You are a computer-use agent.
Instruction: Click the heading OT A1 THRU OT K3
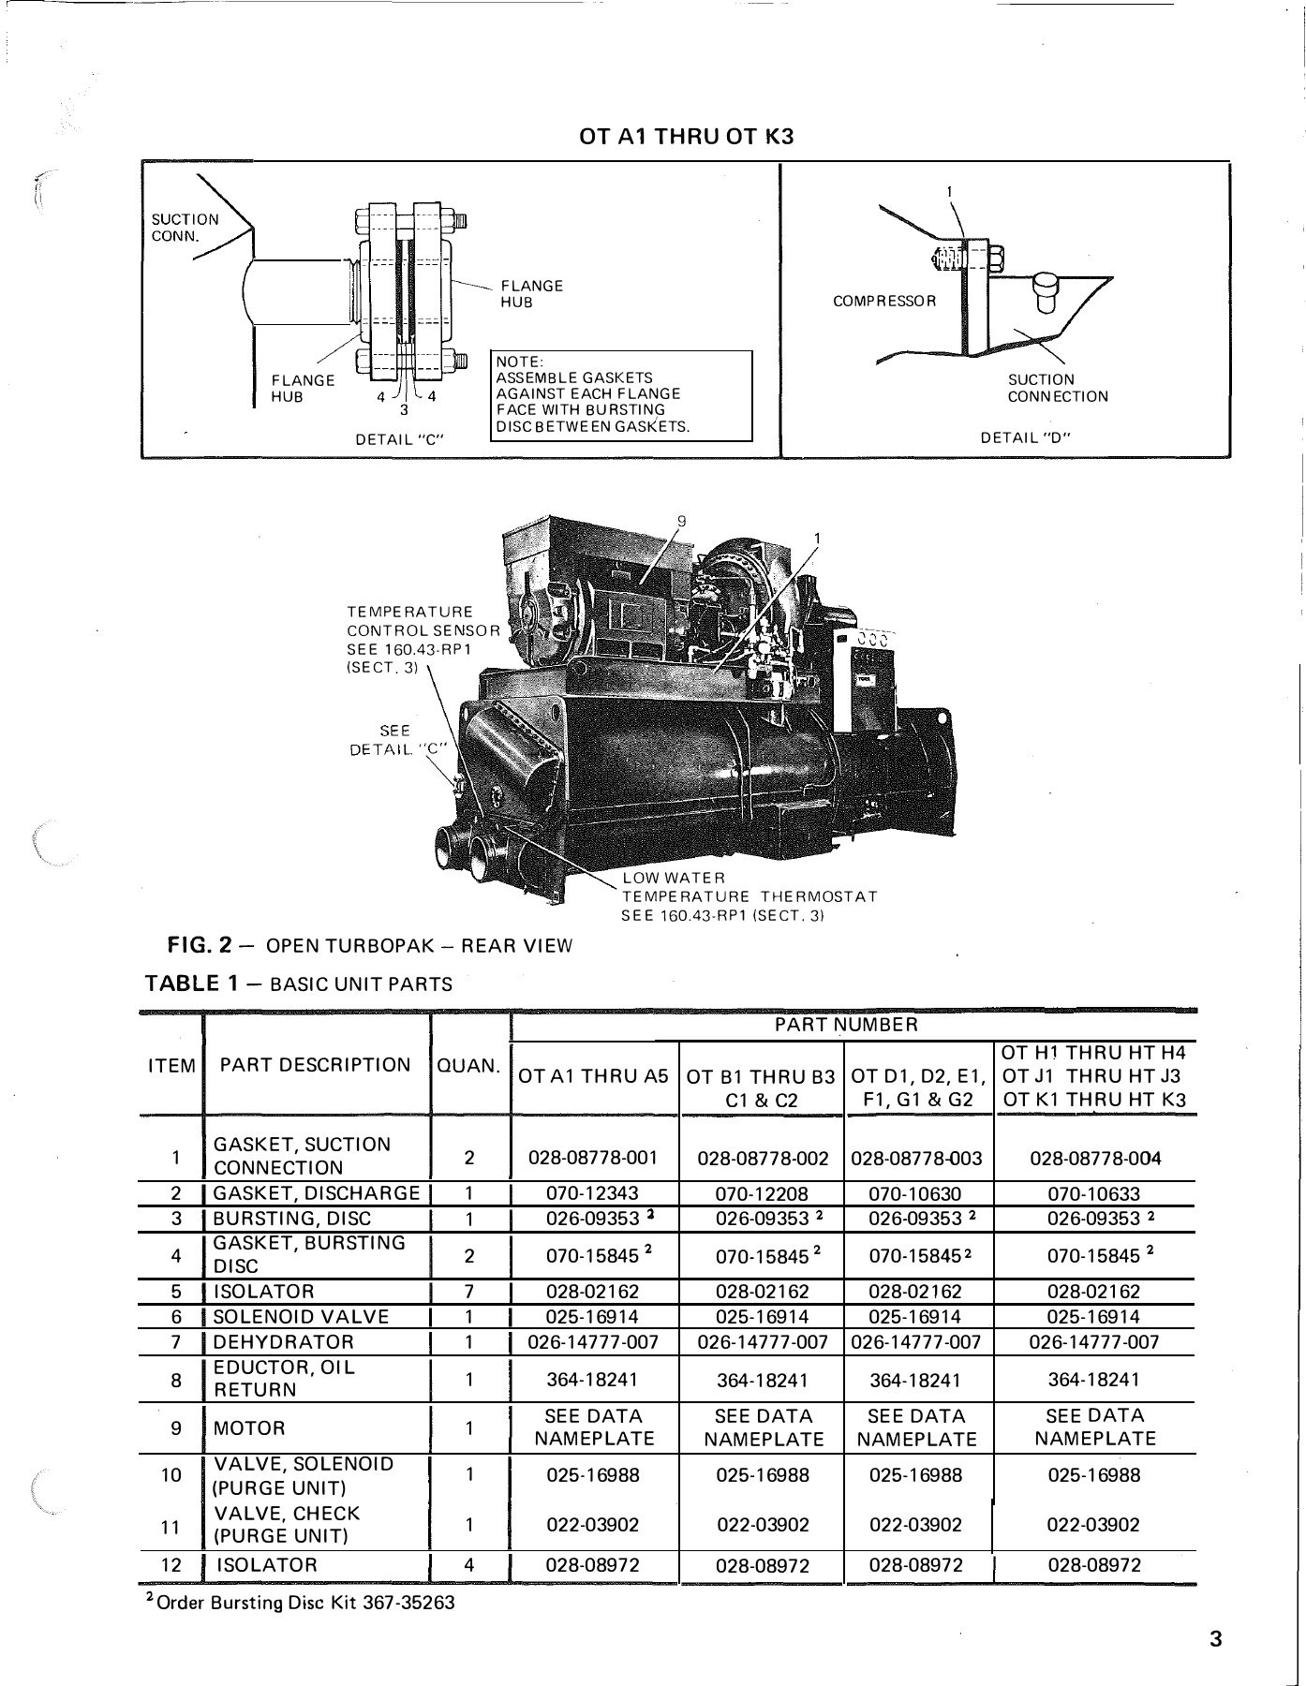686,137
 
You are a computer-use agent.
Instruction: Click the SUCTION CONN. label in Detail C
185,228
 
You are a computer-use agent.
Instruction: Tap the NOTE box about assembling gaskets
621,394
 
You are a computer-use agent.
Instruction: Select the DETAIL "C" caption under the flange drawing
398,438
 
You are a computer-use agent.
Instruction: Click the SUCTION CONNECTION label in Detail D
1057,388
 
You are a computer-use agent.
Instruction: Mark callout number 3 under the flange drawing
403,409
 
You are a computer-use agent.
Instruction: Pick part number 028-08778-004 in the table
1094,1158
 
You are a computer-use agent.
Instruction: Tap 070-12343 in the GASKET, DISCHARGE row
593,1193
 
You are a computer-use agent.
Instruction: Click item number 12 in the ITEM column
171,1565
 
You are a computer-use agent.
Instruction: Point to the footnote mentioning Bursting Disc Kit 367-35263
300,1603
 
